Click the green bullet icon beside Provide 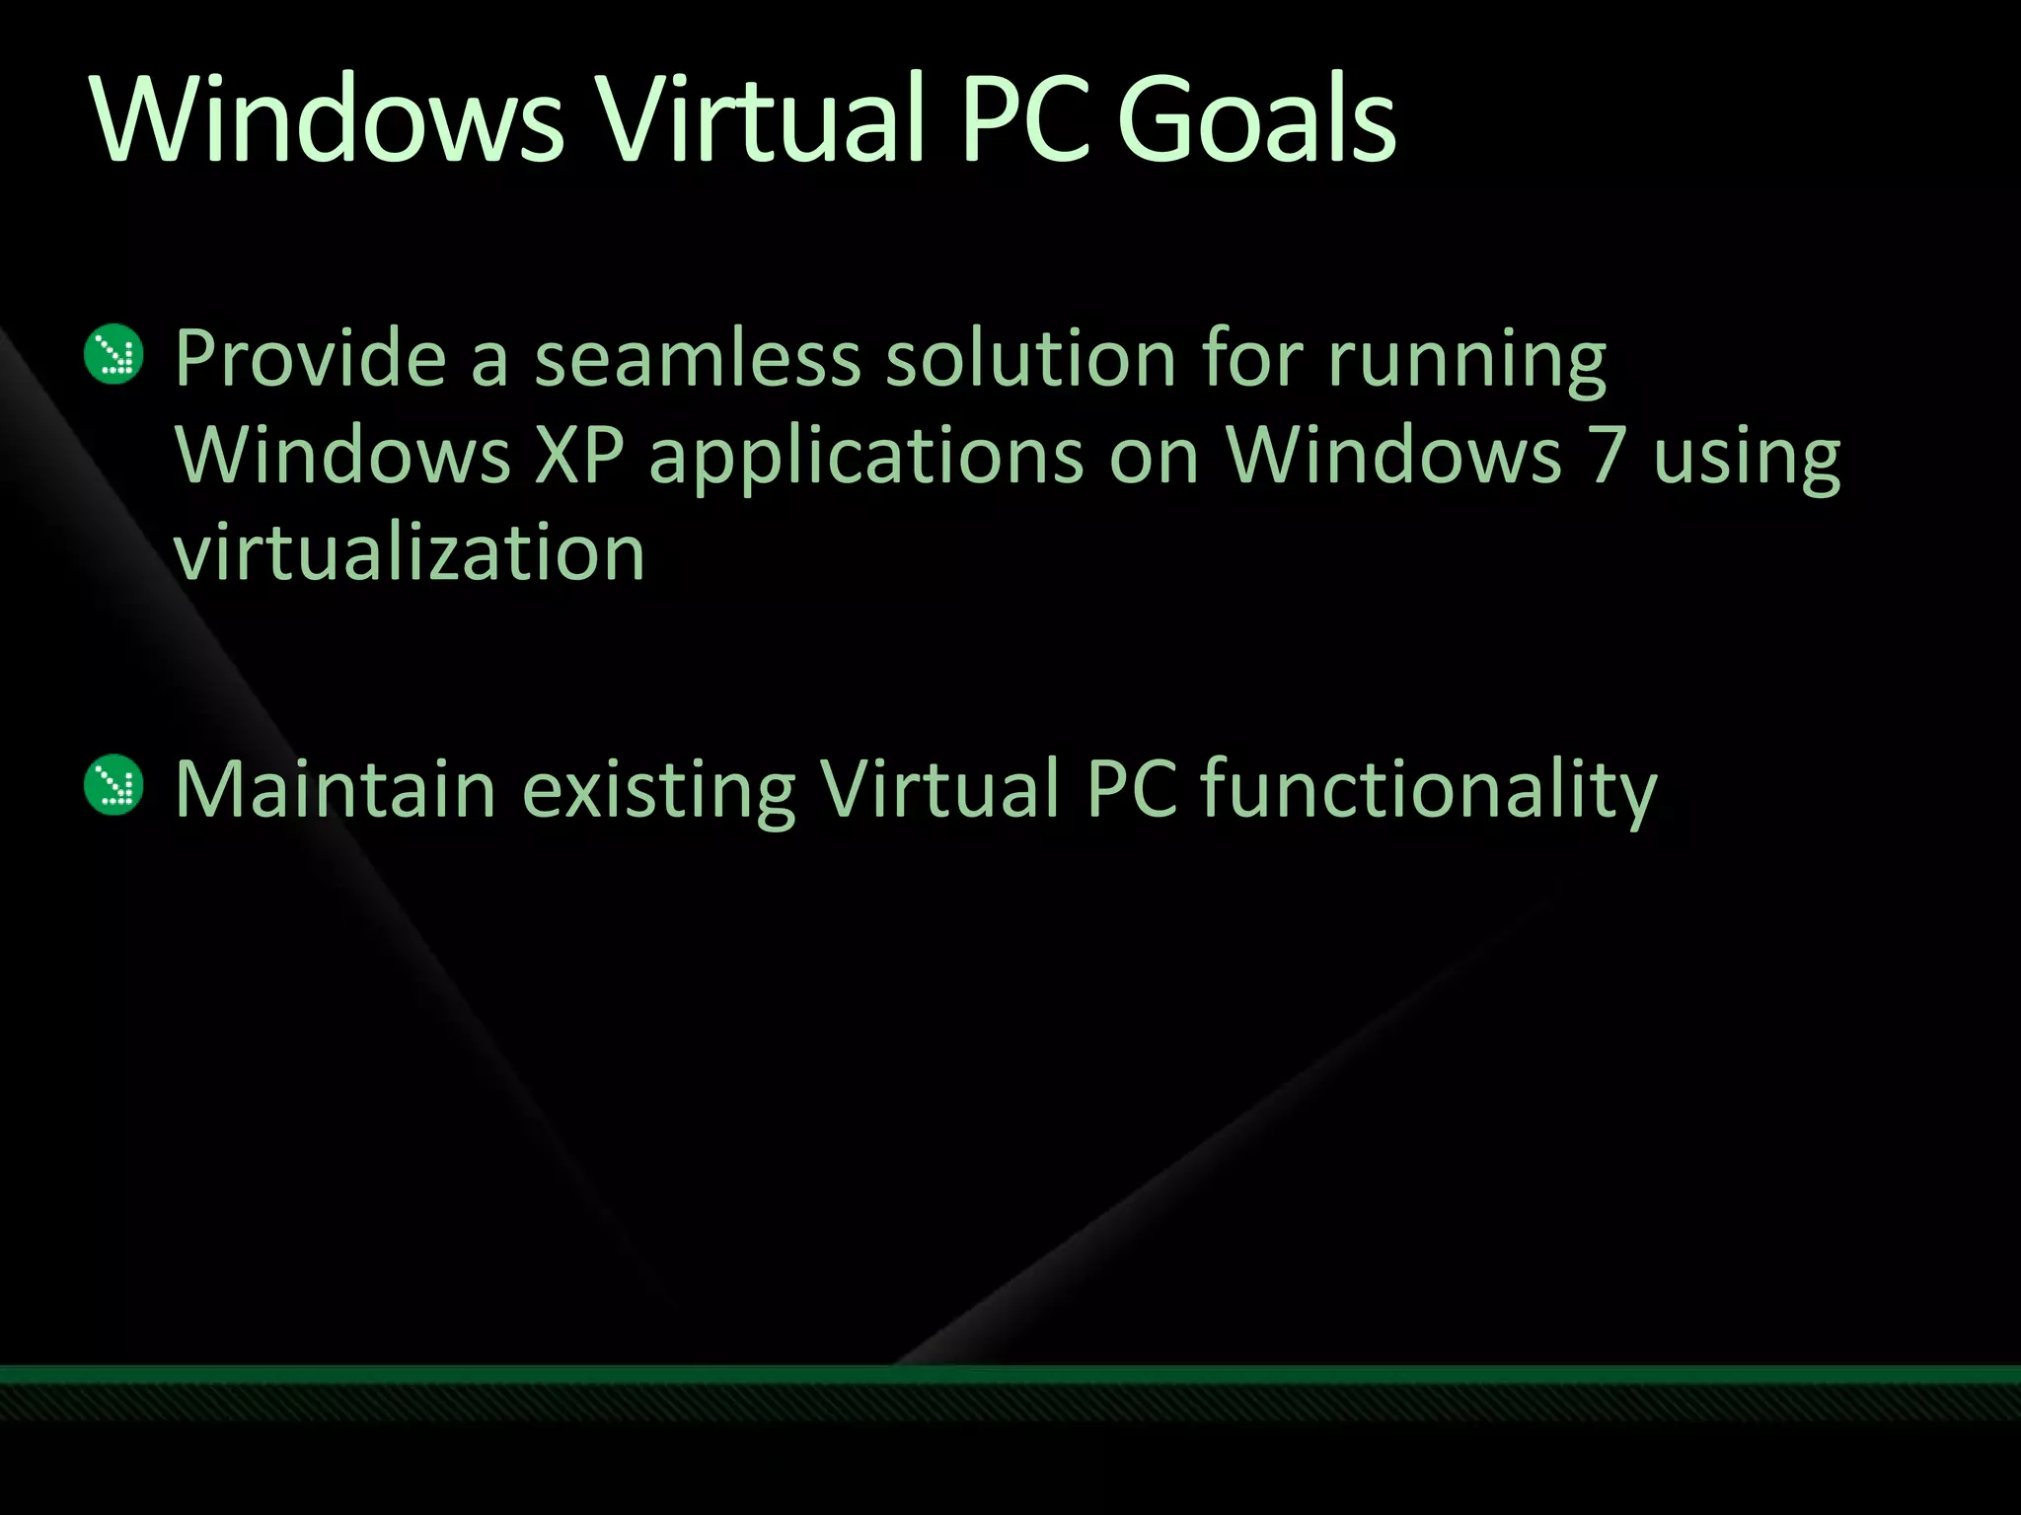(114, 354)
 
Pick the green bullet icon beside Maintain (114, 785)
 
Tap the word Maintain (336, 789)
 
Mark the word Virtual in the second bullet (940, 789)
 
